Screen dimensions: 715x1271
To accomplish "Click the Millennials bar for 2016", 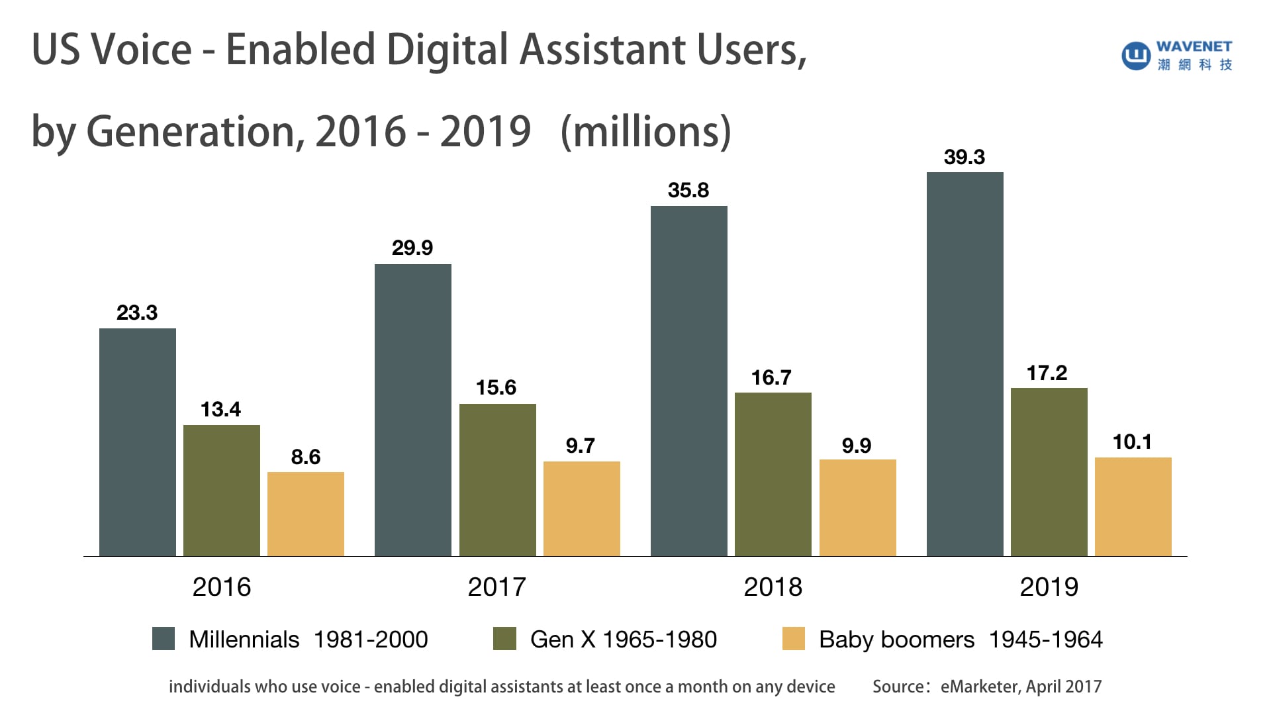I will coord(138,442).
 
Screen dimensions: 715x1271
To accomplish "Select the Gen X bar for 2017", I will coord(497,480).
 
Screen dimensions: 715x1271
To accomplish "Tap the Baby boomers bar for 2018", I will coord(857,508).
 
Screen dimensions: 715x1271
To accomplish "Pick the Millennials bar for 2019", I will coord(965,364).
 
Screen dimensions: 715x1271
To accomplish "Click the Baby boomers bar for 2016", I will coord(305,514).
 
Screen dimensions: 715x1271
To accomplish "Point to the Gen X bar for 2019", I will coord(1049,472).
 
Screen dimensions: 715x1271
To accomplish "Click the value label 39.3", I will coord(965,158).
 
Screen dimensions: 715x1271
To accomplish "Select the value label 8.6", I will coord(305,457).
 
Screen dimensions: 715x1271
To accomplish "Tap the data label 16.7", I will coord(771,378).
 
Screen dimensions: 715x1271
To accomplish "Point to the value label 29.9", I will coord(412,248).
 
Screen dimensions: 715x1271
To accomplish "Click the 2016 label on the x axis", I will coord(222,587).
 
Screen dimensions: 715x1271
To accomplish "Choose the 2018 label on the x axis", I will coord(773,587).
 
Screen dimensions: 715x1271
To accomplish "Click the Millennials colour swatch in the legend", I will coord(164,639).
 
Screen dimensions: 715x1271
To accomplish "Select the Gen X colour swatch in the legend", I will coord(504,639).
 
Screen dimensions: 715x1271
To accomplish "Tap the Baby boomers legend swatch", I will coord(793,639).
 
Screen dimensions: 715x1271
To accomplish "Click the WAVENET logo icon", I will coord(1136,56).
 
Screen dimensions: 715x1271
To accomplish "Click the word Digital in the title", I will coord(447,50).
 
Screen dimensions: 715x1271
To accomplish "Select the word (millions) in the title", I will coord(645,132).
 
